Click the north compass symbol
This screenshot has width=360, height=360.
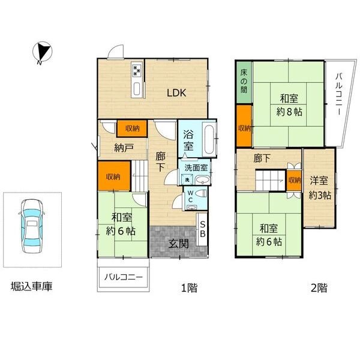coord(42,53)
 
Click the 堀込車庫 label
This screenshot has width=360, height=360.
coord(31,286)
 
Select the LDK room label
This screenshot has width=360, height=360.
coord(176,93)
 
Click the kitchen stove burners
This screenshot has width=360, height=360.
coord(137,70)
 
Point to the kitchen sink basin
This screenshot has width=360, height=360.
coord(137,88)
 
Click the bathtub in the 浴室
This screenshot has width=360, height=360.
coord(209,140)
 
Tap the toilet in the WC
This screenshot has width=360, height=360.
coord(202,193)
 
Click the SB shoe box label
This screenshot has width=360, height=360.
coord(203,229)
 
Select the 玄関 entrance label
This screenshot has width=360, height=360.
coord(179,244)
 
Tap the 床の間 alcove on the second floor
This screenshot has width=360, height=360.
coord(244,82)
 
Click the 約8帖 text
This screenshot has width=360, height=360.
coord(289,112)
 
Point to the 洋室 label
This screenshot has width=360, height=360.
coord(319,180)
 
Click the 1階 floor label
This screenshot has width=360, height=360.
coord(190,287)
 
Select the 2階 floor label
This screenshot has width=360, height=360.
coord(319,287)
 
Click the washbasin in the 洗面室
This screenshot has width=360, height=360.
coord(203,180)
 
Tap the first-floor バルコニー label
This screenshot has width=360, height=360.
coord(123,277)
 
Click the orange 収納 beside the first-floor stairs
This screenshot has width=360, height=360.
coord(114,176)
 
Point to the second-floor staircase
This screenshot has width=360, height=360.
coord(271,180)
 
